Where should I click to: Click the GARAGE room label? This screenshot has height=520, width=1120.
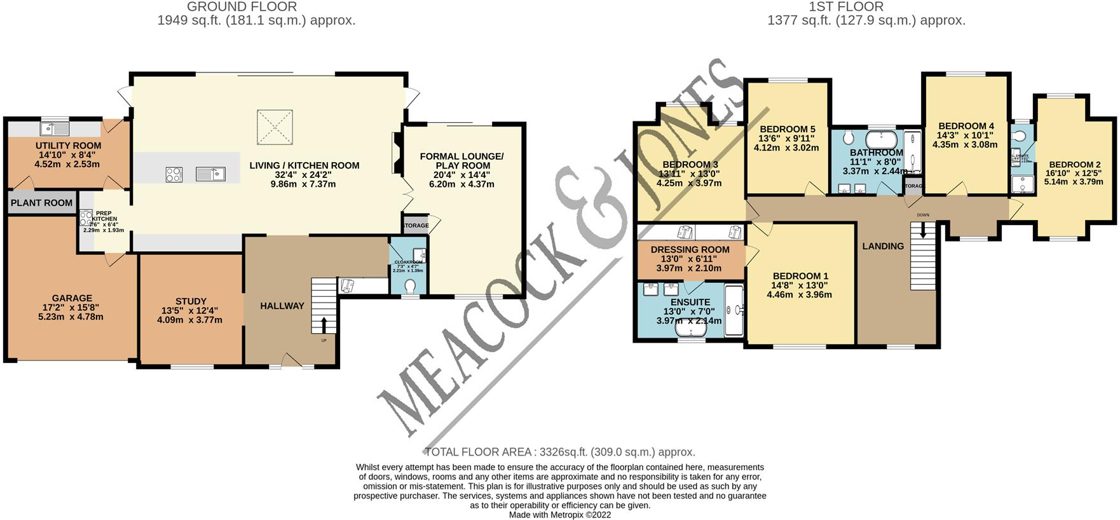(x=72, y=298)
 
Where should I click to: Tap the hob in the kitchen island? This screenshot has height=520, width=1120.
(x=174, y=174)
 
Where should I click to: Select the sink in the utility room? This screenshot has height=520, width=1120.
(x=55, y=128)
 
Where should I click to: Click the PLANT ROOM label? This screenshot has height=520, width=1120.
(x=41, y=203)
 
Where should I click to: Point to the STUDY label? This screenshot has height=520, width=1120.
(x=191, y=301)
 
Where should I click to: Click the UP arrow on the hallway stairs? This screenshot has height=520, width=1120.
(x=324, y=325)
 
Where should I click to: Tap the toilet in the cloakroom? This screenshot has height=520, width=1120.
(x=410, y=287)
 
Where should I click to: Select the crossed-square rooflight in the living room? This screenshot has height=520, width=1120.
(x=275, y=127)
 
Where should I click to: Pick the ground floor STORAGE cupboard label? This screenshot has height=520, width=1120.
(x=416, y=226)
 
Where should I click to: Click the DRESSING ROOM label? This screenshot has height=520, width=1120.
(x=690, y=250)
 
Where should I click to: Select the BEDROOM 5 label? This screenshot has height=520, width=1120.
(x=787, y=129)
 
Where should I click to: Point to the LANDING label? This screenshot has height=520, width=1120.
(x=882, y=246)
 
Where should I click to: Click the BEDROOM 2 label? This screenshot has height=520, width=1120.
(x=1075, y=165)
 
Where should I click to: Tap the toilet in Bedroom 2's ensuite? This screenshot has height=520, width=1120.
(x=1020, y=135)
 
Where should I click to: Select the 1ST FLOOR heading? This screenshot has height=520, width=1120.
(x=845, y=7)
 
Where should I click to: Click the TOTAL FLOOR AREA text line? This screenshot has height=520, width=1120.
(x=559, y=452)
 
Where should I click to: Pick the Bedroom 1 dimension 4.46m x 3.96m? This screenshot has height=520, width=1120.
(x=799, y=294)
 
